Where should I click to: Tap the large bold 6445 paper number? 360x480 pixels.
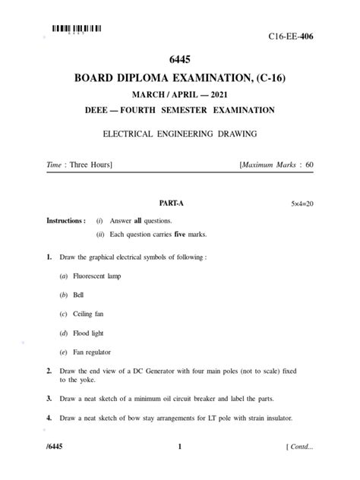(179, 60)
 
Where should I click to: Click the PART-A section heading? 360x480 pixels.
(171, 204)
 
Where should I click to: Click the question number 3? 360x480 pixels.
(48, 399)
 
